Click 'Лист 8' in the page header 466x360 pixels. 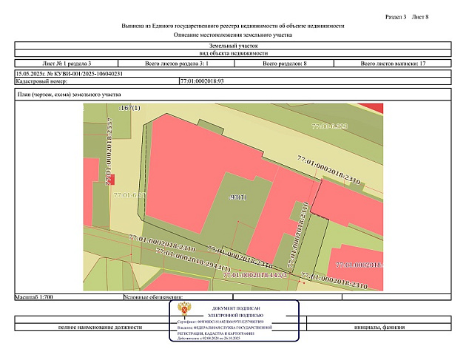click(x=420, y=16)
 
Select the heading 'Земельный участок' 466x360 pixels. click(x=233, y=46)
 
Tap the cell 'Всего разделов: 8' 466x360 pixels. click(x=285, y=64)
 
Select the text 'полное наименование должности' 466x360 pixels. click(x=98, y=327)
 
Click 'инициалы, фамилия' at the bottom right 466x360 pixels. click(x=379, y=327)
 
